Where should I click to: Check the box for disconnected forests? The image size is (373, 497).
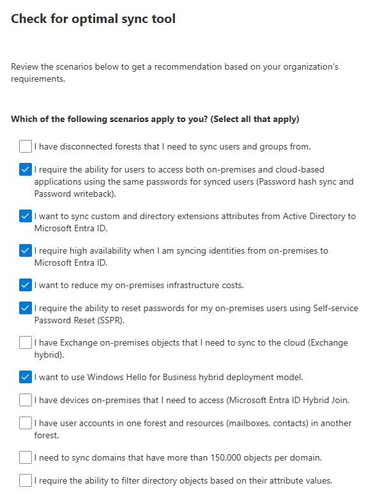(25, 147)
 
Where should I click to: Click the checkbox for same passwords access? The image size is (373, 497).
(25, 170)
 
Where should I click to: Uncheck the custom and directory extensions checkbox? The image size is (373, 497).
(25, 217)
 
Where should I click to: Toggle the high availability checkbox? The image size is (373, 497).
(25, 251)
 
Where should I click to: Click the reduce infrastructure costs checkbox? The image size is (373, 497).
(25, 285)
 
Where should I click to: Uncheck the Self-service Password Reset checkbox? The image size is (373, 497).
(25, 309)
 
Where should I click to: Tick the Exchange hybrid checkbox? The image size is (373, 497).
(25, 343)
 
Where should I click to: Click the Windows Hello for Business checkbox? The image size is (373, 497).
(25, 377)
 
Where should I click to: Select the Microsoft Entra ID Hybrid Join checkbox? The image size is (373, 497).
(25, 401)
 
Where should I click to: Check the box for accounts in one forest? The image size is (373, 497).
(25, 424)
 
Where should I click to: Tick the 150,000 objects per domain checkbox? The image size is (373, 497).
(25, 457)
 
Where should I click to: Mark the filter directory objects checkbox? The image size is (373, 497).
(25, 480)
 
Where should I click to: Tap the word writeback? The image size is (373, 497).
(98, 193)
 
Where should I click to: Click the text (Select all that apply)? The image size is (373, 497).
(255, 119)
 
